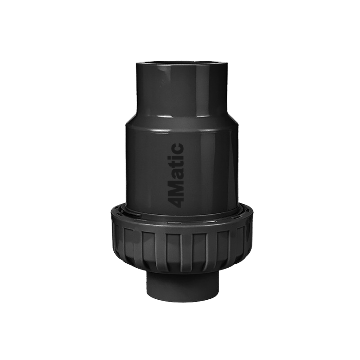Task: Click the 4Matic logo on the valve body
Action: coord(176,175)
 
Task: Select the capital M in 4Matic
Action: coord(176,185)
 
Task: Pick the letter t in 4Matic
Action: coord(177,160)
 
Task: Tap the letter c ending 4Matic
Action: coord(178,147)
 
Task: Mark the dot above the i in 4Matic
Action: coord(170,153)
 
